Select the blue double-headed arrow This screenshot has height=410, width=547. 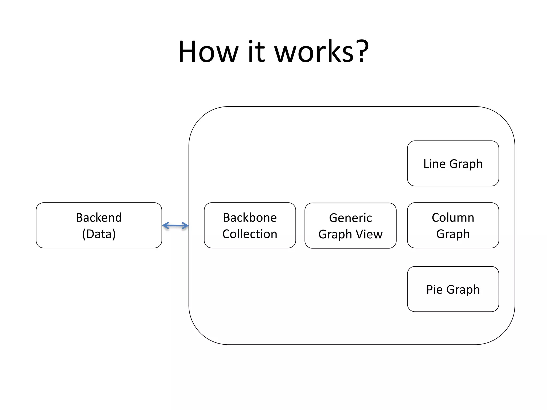[x=175, y=226]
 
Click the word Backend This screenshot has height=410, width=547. [x=99, y=218]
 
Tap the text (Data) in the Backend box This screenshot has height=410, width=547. [x=99, y=234]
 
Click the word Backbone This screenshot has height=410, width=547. [x=250, y=218]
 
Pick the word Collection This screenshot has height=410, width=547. [x=250, y=234]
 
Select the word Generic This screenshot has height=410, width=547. [x=350, y=218]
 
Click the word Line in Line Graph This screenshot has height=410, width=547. [x=434, y=164]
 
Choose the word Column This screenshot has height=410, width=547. [x=453, y=218]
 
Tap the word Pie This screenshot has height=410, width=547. [x=434, y=289]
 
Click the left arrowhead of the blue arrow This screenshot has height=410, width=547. [x=165, y=226]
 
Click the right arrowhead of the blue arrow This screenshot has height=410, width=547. [x=185, y=226]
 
